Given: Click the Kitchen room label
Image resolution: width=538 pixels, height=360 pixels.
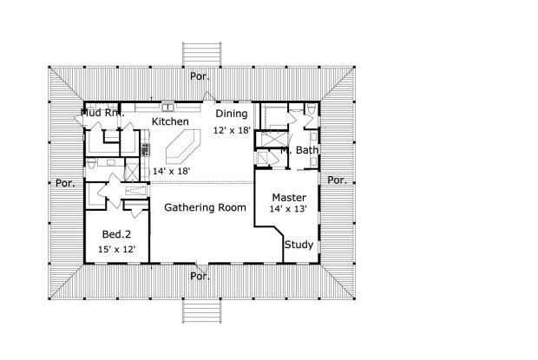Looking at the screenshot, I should pyautogui.click(x=170, y=122).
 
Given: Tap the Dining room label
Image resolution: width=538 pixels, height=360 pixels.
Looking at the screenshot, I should pyautogui.click(x=232, y=115).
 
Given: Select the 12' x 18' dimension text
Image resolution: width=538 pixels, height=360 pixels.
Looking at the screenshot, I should pyautogui.click(x=232, y=129).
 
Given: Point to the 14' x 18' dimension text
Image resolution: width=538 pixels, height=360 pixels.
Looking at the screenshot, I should pyautogui.click(x=171, y=172).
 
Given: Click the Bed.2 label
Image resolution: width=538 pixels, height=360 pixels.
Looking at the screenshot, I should pyautogui.click(x=116, y=235).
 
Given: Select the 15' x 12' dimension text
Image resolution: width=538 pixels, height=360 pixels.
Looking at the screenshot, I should pyautogui.click(x=115, y=250).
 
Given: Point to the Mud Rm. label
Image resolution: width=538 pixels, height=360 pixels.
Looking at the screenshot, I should pyautogui.click(x=102, y=113).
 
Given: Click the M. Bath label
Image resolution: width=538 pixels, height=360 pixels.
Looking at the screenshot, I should pyautogui.click(x=299, y=150).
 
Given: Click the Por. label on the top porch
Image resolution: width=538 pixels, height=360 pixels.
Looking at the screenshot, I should pyautogui.click(x=201, y=76).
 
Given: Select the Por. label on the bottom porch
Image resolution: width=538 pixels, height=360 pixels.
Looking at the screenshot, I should pyautogui.click(x=200, y=277).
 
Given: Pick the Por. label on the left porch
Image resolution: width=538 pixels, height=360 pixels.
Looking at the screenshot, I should pyautogui.click(x=64, y=183).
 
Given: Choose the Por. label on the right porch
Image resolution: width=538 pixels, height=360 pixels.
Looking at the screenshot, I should pyautogui.click(x=338, y=180).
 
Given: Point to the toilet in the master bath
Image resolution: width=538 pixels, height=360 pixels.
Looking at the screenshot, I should pyautogui.click(x=310, y=111).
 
